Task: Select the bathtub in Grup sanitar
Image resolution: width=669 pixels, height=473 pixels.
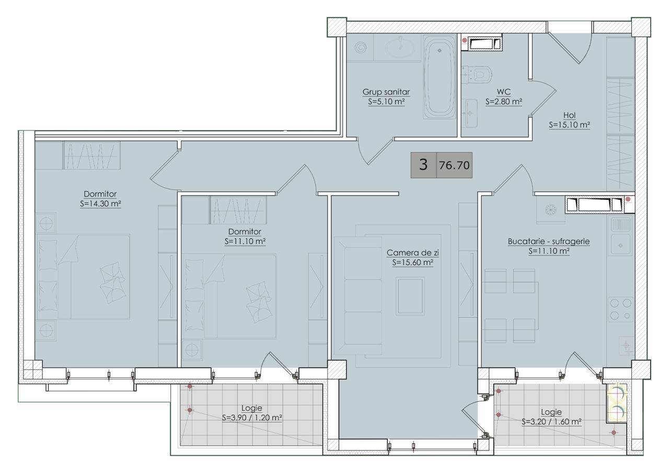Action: pos(440,76)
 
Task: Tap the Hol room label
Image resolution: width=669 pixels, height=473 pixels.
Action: pos(569,115)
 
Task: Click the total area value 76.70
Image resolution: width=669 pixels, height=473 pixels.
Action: pos(454,165)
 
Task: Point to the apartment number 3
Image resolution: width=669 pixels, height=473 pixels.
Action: pos(423,165)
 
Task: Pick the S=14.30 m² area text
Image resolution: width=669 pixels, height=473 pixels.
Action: pos(100,204)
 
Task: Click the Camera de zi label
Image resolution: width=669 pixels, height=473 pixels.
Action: pos(412,253)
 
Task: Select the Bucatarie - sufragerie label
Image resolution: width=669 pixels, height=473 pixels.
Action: pos(549,242)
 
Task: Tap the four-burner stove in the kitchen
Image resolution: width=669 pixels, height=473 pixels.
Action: pos(620,309)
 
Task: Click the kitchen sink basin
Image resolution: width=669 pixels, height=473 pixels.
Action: pos(620,245)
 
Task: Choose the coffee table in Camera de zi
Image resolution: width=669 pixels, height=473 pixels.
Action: pos(410,296)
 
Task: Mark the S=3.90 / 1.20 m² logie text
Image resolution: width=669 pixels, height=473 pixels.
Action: pos(252,418)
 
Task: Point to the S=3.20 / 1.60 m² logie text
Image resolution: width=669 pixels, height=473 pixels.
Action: pos(551,422)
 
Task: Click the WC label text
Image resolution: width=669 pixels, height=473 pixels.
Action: pos(503,92)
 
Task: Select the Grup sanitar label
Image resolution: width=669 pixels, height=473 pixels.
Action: pos(386,92)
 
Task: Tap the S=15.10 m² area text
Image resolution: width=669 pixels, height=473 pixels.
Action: pos(569,125)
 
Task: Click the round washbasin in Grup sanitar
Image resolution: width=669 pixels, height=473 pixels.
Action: pos(400,48)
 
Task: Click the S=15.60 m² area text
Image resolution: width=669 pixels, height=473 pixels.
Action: pos(412,263)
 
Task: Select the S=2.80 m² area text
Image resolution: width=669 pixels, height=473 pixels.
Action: pos(503,102)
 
